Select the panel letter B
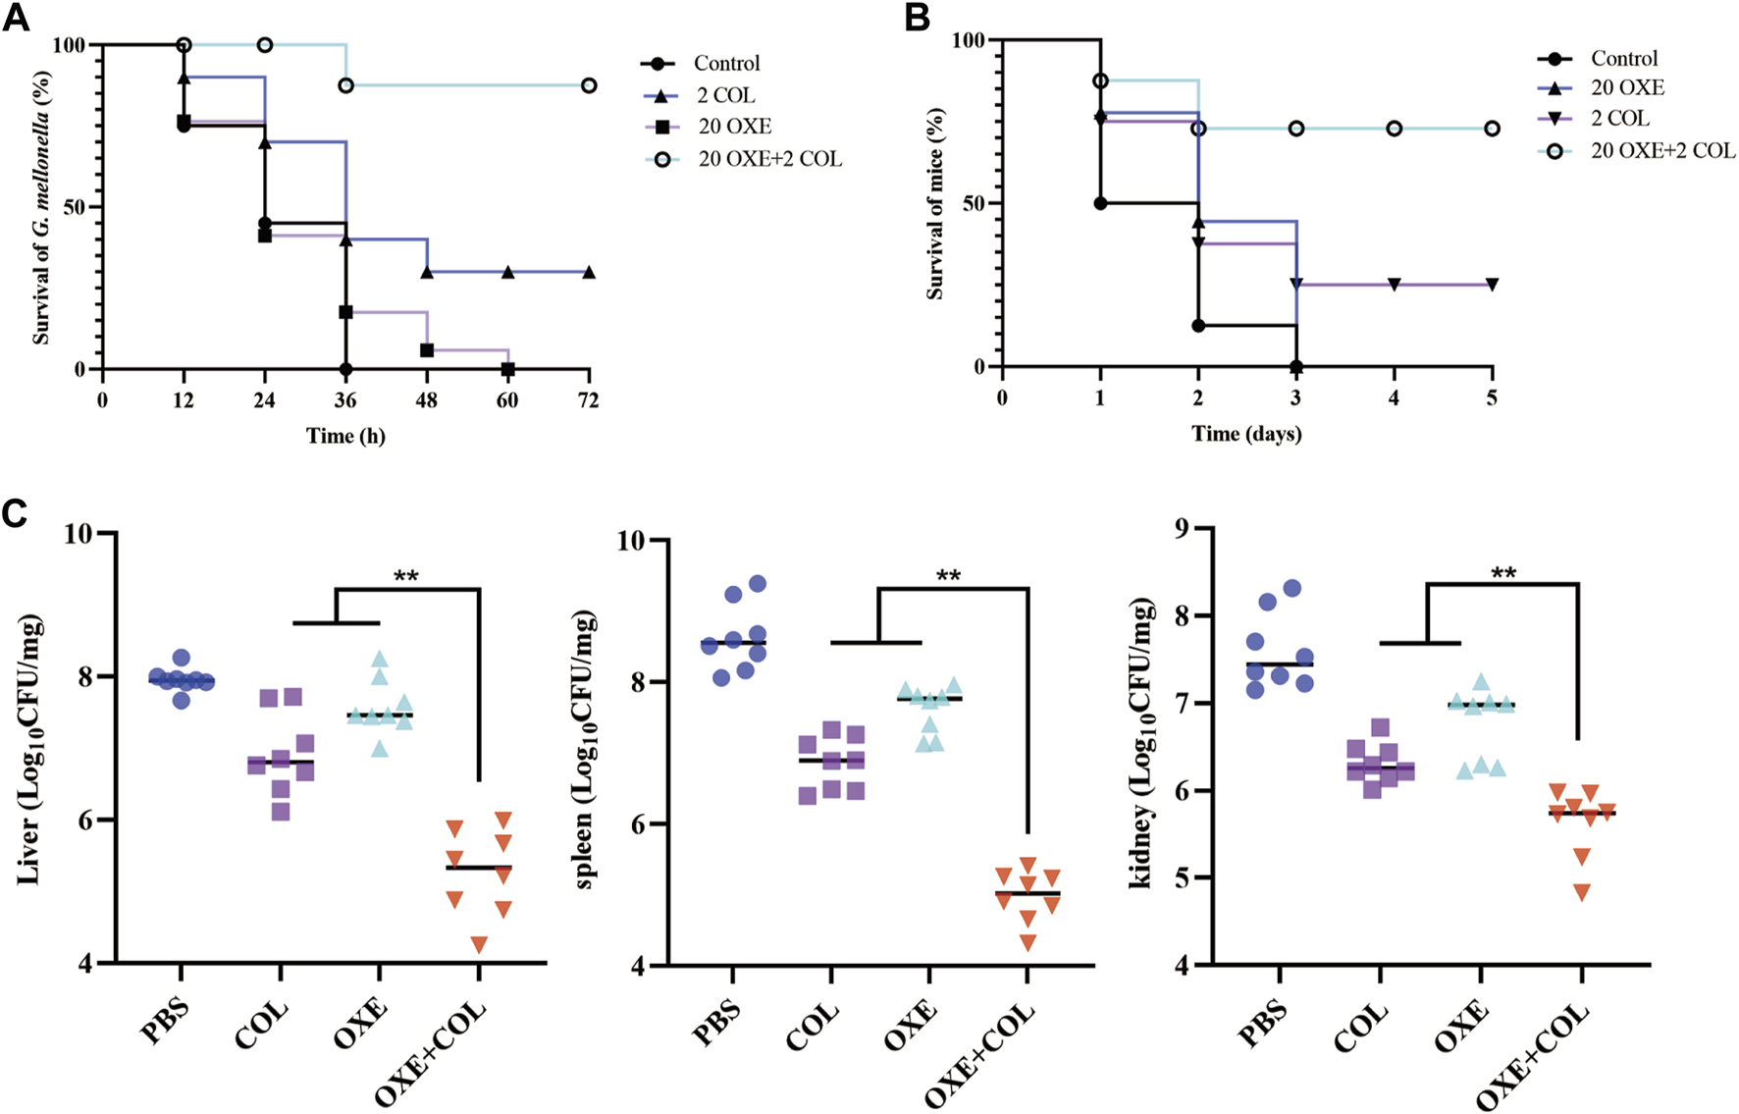(x=917, y=18)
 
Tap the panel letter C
(x=16, y=514)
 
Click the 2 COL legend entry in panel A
(x=725, y=95)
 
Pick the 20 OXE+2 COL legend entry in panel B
(x=1662, y=150)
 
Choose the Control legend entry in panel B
(x=1624, y=59)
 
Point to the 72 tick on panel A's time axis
(x=588, y=399)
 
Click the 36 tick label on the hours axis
(x=345, y=399)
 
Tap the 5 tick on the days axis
(x=1492, y=398)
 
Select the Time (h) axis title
(x=345, y=435)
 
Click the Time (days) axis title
(x=1246, y=433)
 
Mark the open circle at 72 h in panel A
(x=588, y=85)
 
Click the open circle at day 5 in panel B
(x=1492, y=129)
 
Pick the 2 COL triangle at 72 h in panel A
(x=588, y=272)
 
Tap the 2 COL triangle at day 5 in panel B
(x=1492, y=285)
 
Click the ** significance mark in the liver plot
(x=406, y=576)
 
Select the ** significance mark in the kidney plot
(x=1503, y=572)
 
